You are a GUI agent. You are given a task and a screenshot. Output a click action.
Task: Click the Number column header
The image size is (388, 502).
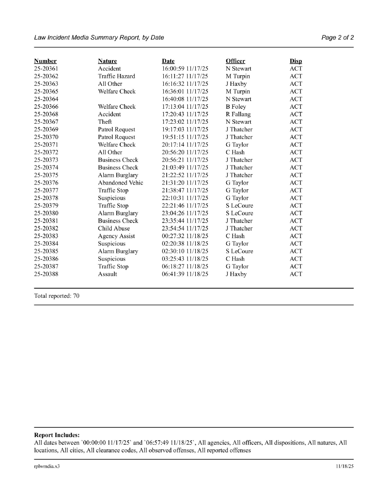pos(45,61)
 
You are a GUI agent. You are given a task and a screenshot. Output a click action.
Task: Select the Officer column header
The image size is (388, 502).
pos(235,61)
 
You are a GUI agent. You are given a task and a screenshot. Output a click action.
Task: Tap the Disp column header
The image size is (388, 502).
pos(296,61)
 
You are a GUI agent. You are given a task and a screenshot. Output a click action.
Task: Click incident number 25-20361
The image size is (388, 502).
pos(46,69)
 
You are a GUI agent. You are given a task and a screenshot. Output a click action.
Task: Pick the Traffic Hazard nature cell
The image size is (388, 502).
pos(116,76)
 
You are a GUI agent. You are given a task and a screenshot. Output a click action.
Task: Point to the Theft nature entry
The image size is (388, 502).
pos(105,122)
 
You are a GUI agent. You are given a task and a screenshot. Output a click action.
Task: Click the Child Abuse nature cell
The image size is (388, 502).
pos(114,228)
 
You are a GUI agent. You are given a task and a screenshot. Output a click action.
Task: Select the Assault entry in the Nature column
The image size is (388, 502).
pos(107,274)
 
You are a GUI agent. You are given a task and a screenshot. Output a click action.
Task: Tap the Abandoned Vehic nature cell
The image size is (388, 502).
pos(120,183)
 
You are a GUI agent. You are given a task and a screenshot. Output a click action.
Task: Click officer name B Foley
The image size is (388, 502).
pos(236,107)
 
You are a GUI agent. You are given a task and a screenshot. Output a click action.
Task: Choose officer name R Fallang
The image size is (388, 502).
pos(238,114)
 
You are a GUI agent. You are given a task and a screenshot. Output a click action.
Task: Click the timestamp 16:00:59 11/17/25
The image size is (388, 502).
pos(185,69)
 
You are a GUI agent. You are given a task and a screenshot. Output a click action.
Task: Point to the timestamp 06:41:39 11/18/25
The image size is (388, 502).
pos(185,274)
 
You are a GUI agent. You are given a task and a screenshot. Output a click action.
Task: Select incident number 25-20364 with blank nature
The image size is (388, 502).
pos(46,99)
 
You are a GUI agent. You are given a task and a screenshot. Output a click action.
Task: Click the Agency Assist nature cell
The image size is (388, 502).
pos(116,236)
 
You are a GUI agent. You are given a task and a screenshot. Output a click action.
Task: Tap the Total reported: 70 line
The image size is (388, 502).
pos(57,296)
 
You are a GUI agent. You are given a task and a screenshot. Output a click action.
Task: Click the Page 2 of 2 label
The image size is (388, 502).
pos(337,38)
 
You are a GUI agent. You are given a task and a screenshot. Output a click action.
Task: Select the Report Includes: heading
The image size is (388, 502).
pos(57,435)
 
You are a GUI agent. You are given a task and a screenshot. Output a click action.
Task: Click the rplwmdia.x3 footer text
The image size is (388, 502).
pos(47,466)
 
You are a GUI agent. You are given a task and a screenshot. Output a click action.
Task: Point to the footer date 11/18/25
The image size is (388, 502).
pos(345,466)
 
